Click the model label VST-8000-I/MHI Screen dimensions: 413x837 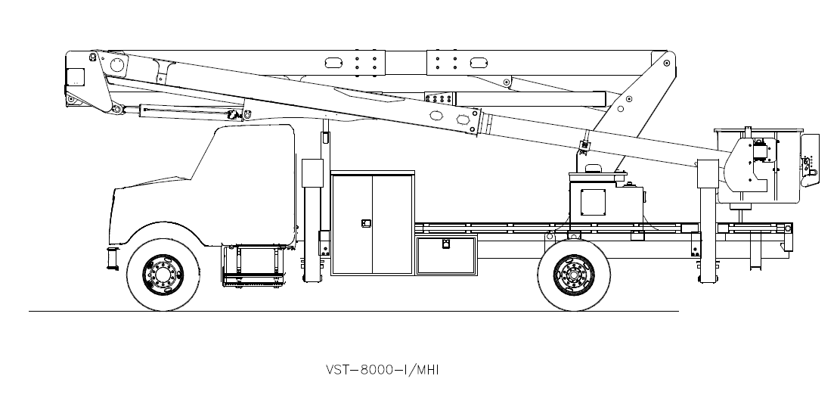click(x=382, y=371)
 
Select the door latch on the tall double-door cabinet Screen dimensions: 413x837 click(x=366, y=223)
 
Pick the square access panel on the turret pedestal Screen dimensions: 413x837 click(x=594, y=200)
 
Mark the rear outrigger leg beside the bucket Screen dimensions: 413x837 click(x=706, y=227)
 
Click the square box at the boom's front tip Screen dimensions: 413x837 click(x=76, y=77)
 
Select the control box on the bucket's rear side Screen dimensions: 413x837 click(x=810, y=155)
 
